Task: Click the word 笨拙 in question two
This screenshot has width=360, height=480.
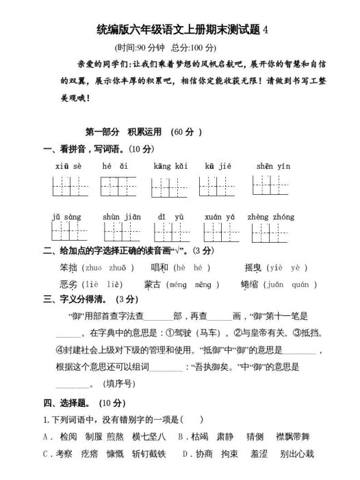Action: coord(69,268)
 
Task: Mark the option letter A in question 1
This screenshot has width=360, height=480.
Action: coord(45,436)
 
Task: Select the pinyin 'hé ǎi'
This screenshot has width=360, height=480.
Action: coord(115,166)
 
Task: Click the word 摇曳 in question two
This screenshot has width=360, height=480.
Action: coord(254,268)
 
